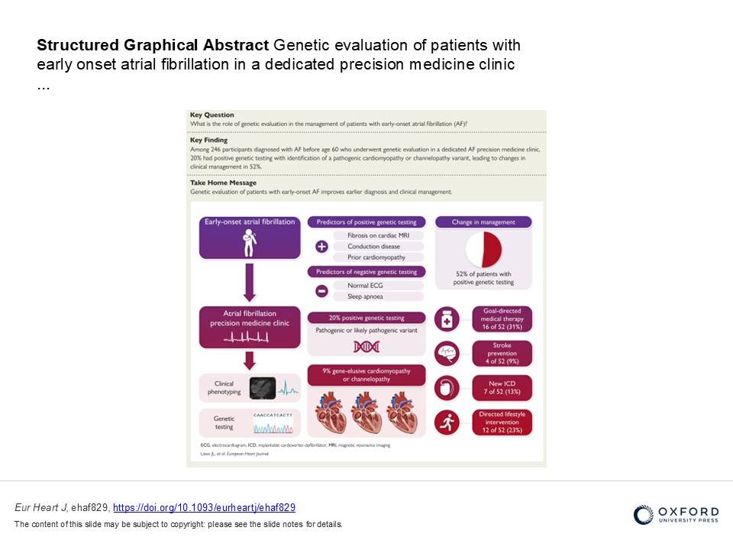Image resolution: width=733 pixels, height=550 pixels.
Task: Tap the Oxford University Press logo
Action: [x=676, y=514]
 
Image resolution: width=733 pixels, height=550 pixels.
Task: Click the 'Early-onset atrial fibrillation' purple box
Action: [x=248, y=237]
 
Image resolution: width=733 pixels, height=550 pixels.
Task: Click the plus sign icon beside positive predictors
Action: [x=321, y=247]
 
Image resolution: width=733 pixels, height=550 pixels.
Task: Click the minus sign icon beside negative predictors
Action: [x=321, y=290]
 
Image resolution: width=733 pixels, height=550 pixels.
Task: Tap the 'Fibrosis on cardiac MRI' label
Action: [x=376, y=236]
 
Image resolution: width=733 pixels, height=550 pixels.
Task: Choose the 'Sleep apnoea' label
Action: [x=366, y=296]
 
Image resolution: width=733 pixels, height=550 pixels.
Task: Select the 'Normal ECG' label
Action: [x=366, y=285]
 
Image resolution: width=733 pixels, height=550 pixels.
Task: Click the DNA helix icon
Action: [x=366, y=347]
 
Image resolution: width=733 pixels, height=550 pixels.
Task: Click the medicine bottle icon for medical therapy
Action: [x=446, y=320]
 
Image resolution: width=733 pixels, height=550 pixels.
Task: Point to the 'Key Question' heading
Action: [x=212, y=115]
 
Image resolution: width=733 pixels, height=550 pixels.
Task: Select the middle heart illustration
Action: [x=366, y=413]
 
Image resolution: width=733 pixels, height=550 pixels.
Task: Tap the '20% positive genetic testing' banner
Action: [x=366, y=318]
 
